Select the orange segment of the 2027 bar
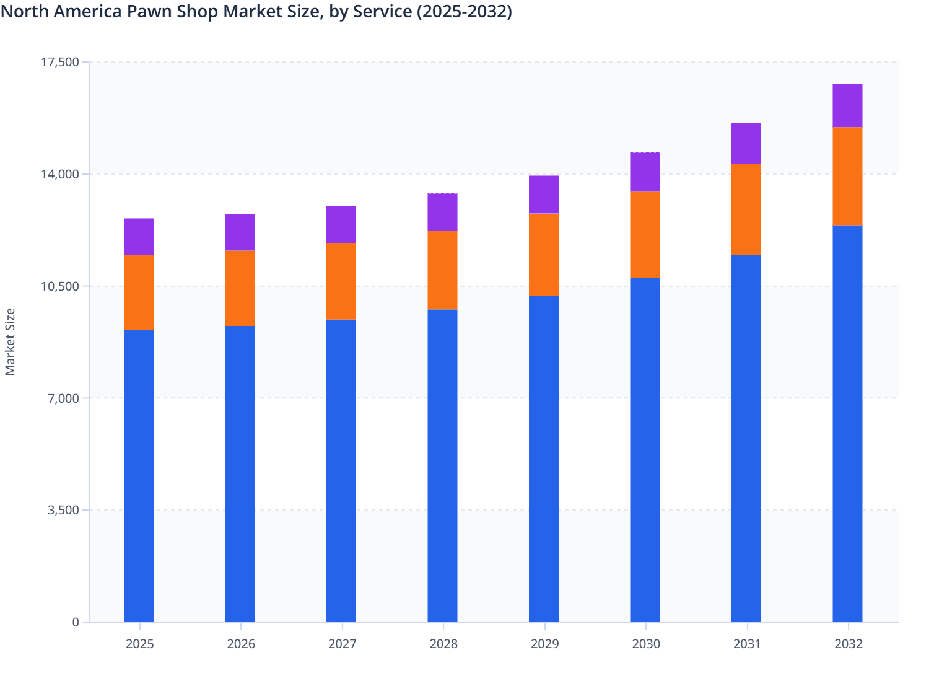point(341,281)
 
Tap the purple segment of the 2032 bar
point(847,105)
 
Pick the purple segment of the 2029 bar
point(544,195)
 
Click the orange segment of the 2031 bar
point(746,209)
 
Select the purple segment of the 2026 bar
point(240,232)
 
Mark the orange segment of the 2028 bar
point(442,270)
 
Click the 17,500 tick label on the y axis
point(59,62)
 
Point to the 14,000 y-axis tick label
point(59,174)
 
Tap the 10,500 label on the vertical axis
point(59,286)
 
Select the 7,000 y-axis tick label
point(63,398)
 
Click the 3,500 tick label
point(63,511)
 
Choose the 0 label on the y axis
point(76,622)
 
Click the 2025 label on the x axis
point(139,644)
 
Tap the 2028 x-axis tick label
point(443,644)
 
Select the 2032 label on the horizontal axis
point(849,644)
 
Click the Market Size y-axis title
point(10,341)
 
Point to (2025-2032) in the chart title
point(464,12)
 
